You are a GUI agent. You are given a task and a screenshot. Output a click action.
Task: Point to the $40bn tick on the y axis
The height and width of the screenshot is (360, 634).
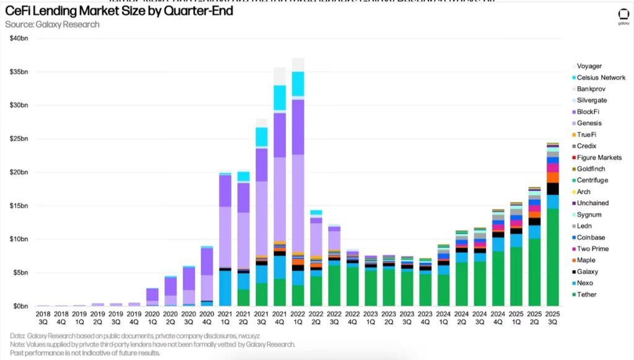click(x=19, y=38)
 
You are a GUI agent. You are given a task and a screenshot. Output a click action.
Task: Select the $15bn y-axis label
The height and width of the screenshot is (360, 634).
click(x=19, y=206)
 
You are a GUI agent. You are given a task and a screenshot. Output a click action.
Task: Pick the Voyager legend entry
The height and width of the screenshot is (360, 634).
click(x=589, y=66)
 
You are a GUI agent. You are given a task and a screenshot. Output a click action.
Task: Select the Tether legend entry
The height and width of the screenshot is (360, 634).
click(x=586, y=294)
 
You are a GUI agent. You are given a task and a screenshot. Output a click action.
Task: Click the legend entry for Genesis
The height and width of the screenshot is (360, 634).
click(x=589, y=123)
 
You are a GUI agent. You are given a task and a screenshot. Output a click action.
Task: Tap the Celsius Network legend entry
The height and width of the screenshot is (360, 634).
click(x=601, y=77)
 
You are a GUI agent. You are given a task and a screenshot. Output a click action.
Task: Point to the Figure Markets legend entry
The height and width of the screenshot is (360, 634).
click(x=599, y=158)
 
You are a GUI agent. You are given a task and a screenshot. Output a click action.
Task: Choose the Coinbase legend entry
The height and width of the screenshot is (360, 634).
click(x=591, y=237)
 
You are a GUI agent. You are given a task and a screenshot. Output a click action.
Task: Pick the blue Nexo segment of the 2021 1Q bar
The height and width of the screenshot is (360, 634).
click(x=225, y=288)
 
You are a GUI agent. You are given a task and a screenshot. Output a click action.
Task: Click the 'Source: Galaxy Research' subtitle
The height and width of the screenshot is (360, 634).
click(x=52, y=24)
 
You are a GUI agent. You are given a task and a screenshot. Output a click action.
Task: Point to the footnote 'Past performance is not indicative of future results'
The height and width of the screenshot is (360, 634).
click(x=85, y=353)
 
